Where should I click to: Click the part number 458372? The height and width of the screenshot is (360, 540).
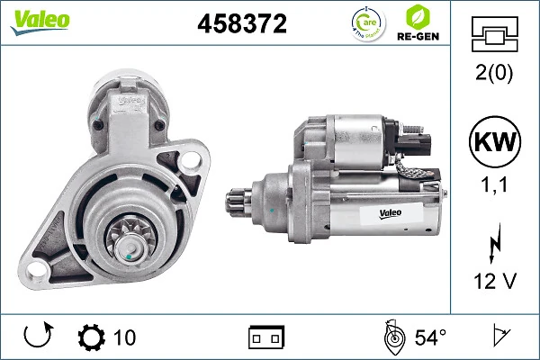(x=242, y=24)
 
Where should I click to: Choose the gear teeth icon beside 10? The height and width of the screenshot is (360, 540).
(x=92, y=338)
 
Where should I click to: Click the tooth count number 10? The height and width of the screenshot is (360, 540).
(x=125, y=338)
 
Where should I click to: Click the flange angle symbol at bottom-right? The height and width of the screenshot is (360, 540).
(x=499, y=337)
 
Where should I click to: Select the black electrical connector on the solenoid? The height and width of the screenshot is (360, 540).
(x=415, y=141)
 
